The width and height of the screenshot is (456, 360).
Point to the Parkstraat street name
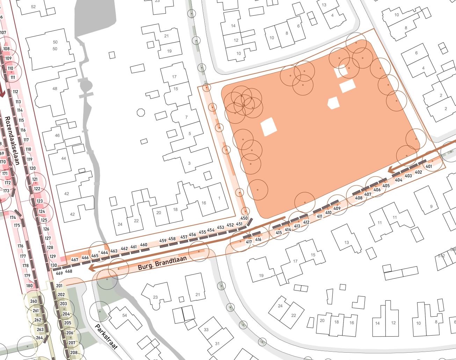click(106, 336)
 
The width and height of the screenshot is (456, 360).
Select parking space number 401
click(429, 166)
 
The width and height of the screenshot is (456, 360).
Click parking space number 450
click(244, 218)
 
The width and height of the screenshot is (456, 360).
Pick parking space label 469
click(59, 273)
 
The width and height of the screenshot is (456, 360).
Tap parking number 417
click(249, 242)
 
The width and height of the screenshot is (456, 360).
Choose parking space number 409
click(337, 208)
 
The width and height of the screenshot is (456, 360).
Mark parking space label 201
click(59, 286)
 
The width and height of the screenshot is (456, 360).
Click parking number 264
click(39, 338)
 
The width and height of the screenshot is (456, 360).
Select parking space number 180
click(29, 286)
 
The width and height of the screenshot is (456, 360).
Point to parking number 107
click(3, 33)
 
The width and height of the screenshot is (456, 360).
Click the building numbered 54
click(125, 315)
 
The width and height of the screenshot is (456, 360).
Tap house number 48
click(55, 89)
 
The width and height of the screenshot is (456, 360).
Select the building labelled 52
click(34, 7)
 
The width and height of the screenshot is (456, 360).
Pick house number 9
click(431, 206)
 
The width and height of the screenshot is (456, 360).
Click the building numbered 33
click(206, 330)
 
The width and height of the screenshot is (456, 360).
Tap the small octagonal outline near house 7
click(140, 112)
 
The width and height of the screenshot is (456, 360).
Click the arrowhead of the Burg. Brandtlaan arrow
click(92, 268)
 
